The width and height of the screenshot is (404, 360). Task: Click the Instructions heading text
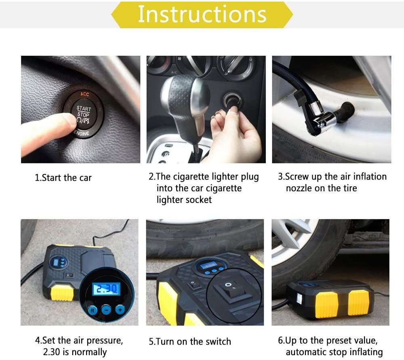click(202, 14)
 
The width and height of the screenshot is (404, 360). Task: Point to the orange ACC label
click(84, 94)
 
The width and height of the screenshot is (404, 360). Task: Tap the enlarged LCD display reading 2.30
click(106, 289)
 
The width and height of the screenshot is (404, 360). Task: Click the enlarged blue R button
click(92, 310)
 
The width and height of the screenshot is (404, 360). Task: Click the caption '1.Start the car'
click(63, 178)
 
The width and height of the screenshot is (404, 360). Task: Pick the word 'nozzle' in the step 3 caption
click(301, 188)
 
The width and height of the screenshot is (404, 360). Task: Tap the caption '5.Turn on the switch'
click(189, 341)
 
